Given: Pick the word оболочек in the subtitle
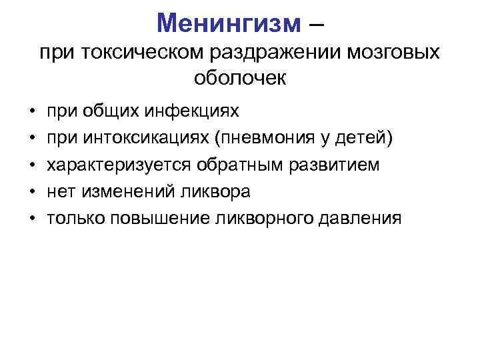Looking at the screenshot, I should pos(240,78).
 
